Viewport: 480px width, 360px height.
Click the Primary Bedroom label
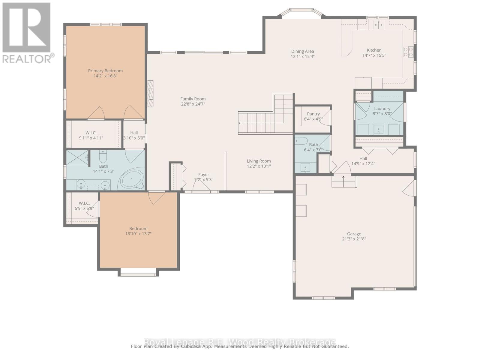click(x=105, y=71)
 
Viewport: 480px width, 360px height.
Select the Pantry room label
click(x=313, y=114)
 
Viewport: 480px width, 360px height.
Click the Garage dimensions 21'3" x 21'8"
click(x=354, y=239)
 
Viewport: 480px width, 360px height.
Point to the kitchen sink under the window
click(x=379, y=25)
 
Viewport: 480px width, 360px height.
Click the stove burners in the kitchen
click(x=408, y=52)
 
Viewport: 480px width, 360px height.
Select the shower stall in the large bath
click(x=77, y=157)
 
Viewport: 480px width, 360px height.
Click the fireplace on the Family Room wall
click(x=150, y=93)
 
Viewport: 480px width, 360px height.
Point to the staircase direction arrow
click(x=240, y=123)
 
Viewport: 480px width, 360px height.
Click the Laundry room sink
click(x=378, y=130)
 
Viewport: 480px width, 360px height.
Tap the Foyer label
click(x=204, y=175)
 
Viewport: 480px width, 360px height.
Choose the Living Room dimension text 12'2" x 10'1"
click(x=259, y=166)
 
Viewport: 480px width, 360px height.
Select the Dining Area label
click(x=302, y=51)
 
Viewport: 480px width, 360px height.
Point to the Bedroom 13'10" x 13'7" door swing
click(x=156, y=197)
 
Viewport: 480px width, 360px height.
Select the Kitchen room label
click(x=374, y=50)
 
